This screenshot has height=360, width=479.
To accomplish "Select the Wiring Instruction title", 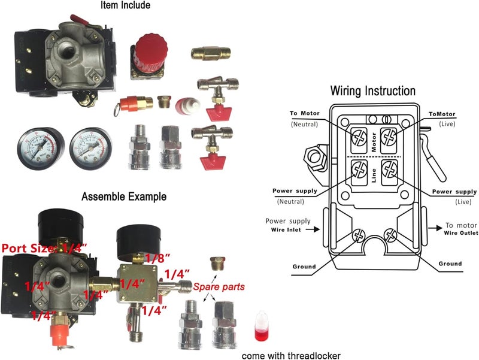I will [373, 91].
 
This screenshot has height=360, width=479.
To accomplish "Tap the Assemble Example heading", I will [124, 196].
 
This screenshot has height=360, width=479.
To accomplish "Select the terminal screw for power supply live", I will [389, 168].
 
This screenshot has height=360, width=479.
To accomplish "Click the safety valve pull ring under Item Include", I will [116, 110].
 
